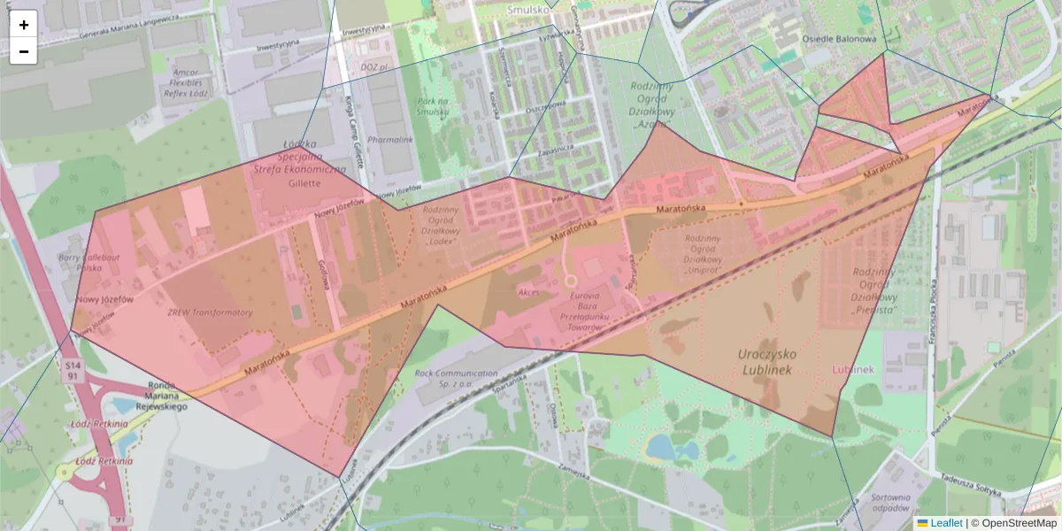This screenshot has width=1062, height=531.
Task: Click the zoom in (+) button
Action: click(24, 25)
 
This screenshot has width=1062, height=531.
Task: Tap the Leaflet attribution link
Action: click(945, 523)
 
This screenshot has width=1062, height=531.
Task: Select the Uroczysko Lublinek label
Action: click(766, 361)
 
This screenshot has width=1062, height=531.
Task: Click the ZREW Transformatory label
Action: click(210, 312)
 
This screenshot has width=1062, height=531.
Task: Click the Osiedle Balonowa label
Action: click(838, 39)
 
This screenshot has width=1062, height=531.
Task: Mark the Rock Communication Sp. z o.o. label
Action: click(456, 380)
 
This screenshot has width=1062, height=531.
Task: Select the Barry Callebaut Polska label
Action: click(88, 262)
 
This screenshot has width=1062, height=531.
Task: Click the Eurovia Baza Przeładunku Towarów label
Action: click(580, 311)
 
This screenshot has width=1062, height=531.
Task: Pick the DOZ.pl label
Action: click(375, 66)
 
